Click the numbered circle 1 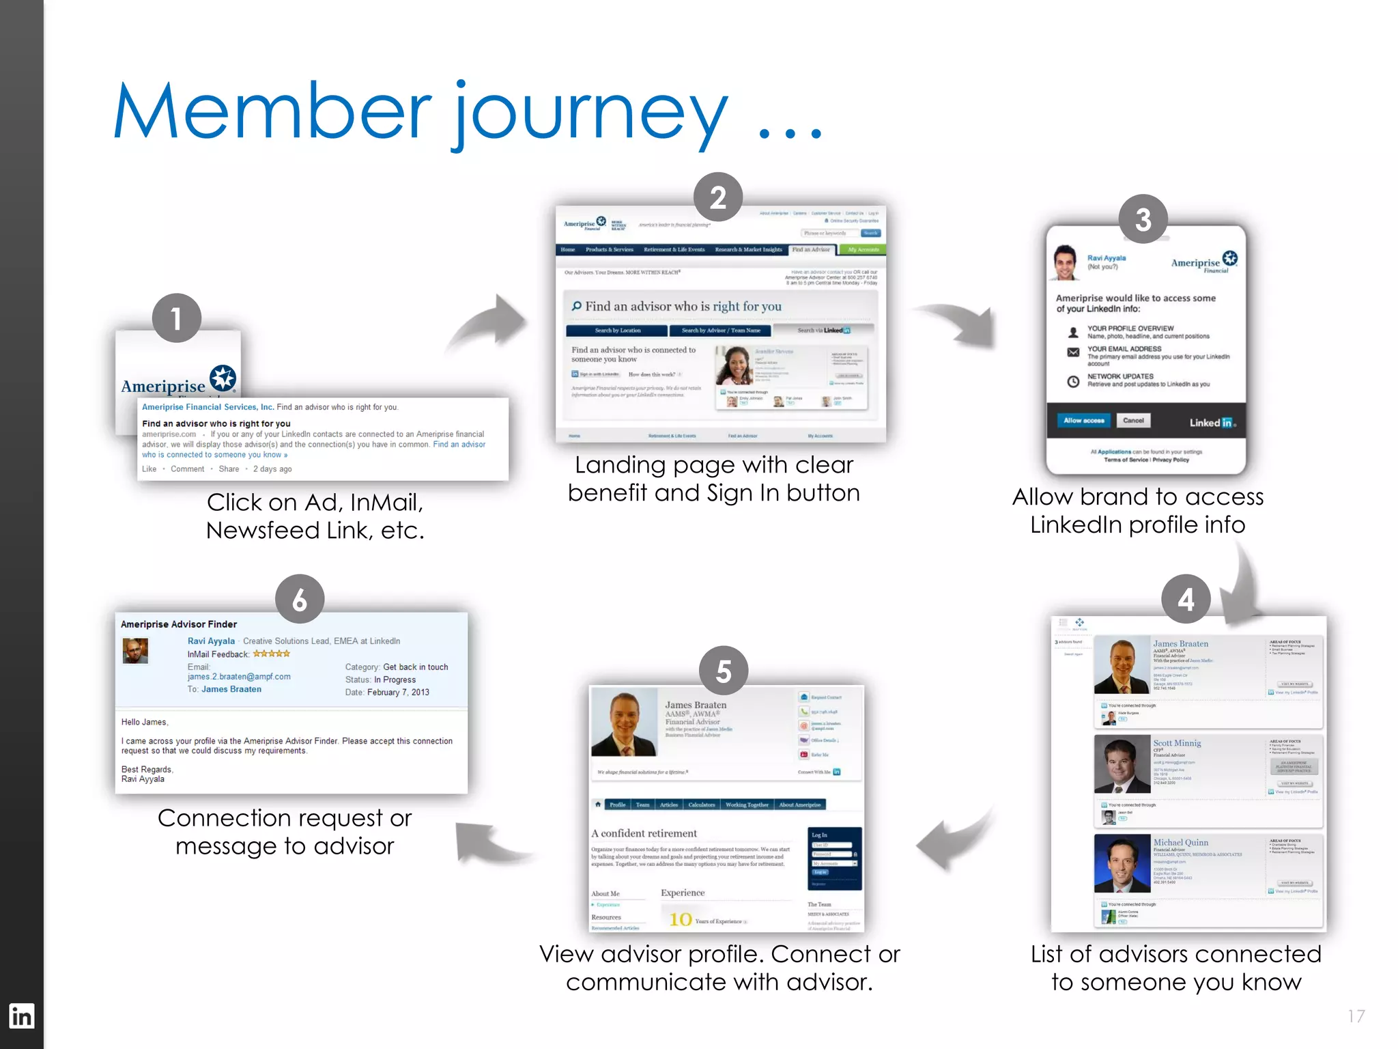176,318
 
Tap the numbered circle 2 717,197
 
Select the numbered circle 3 1143,219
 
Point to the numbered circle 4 1186,599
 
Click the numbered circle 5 724,671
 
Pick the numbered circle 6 299,599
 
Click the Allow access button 1083,421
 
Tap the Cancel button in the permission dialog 1133,421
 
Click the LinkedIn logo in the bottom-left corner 21,1016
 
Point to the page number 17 1356,1016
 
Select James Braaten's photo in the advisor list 1122,666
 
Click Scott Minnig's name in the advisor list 1177,743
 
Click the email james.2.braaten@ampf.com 239,677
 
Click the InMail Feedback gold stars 272,654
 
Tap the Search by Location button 617,331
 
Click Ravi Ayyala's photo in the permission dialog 1064,263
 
